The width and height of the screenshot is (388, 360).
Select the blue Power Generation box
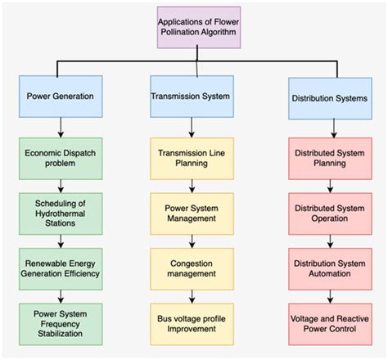tap(61, 95)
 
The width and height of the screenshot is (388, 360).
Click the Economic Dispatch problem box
tap(61, 157)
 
